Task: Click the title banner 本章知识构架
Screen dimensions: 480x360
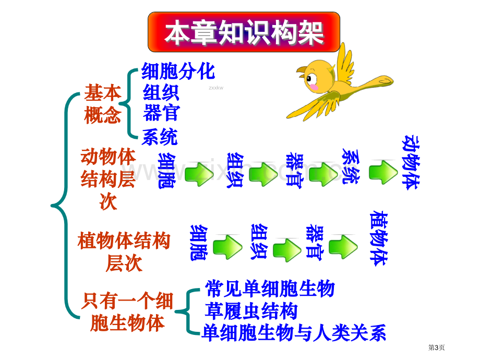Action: pyautogui.click(x=244, y=32)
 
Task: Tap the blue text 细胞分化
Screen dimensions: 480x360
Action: pyautogui.click(x=178, y=71)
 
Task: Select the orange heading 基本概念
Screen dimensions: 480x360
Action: pyautogui.click(x=103, y=104)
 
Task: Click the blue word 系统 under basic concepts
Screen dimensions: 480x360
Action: pyautogui.click(x=160, y=137)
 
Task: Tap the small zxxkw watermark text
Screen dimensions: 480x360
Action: pyautogui.click(x=216, y=88)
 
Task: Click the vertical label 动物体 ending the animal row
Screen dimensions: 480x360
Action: pyautogui.click(x=411, y=162)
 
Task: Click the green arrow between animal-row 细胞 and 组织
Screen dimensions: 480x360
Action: pyautogui.click(x=199, y=174)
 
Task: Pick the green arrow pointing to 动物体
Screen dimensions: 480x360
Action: pyautogui.click(x=383, y=172)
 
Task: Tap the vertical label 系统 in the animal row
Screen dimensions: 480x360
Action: pyautogui.click(x=351, y=166)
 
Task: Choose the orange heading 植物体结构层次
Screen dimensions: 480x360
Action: pyautogui.click(x=124, y=251)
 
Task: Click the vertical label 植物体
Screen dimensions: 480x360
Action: pyautogui.click(x=379, y=238)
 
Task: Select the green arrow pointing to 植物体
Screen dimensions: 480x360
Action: pyautogui.click(x=343, y=247)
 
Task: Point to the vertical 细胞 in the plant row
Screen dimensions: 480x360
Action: pyautogui.click(x=199, y=243)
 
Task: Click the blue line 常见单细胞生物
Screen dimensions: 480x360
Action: pyautogui.click(x=270, y=289)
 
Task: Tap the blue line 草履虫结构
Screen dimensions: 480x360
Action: pyautogui.click(x=251, y=311)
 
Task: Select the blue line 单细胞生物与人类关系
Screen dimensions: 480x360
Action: pyautogui.click(x=294, y=333)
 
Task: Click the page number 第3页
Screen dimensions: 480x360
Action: pyautogui.click(x=436, y=347)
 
